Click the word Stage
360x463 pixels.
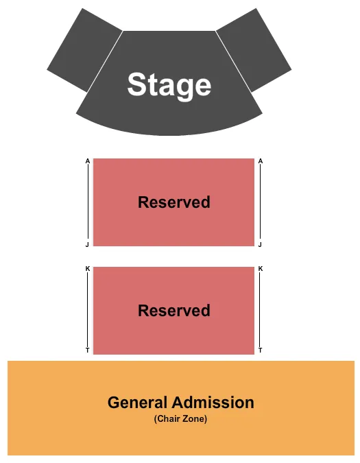[169, 85]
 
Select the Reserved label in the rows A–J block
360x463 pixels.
[173, 202]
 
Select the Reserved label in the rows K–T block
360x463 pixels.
[173, 311]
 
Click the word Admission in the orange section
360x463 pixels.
[213, 403]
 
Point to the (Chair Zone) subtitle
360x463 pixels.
[180, 418]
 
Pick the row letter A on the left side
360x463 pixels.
[87, 161]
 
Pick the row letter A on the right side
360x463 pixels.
[261, 161]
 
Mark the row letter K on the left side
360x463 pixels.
[87, 269]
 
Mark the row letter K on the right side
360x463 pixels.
[261, 269]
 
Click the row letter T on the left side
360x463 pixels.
[87, 350]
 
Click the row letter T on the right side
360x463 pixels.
[261, 350]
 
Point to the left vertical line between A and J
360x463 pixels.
[88, 202]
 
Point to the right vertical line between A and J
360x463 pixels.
[260, 202]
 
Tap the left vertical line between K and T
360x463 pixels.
[88, 309]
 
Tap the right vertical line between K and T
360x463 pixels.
[260, 309]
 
